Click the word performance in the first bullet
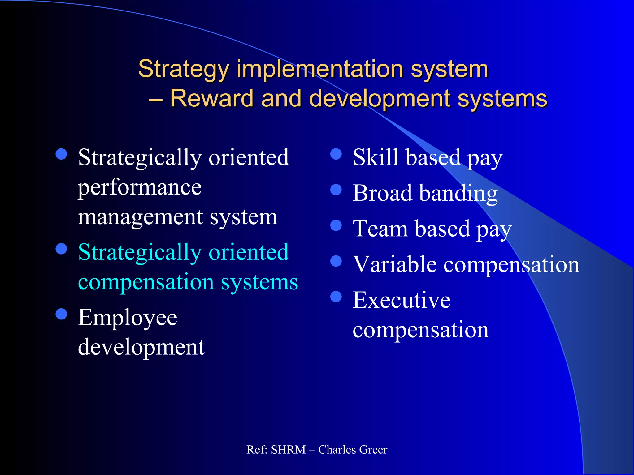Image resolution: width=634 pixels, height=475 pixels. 140,188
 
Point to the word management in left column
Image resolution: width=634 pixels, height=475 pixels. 140,217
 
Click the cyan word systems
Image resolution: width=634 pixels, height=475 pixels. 259,282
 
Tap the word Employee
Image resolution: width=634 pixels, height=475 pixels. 128,318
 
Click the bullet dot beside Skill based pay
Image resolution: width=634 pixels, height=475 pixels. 336,154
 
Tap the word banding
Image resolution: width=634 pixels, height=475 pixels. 458,194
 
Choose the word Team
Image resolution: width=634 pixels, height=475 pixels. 380,229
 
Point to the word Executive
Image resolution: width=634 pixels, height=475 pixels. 402,300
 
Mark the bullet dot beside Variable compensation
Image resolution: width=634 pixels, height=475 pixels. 336,261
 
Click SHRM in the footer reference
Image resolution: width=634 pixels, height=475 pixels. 288,450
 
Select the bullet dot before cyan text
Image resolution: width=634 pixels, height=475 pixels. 62,249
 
